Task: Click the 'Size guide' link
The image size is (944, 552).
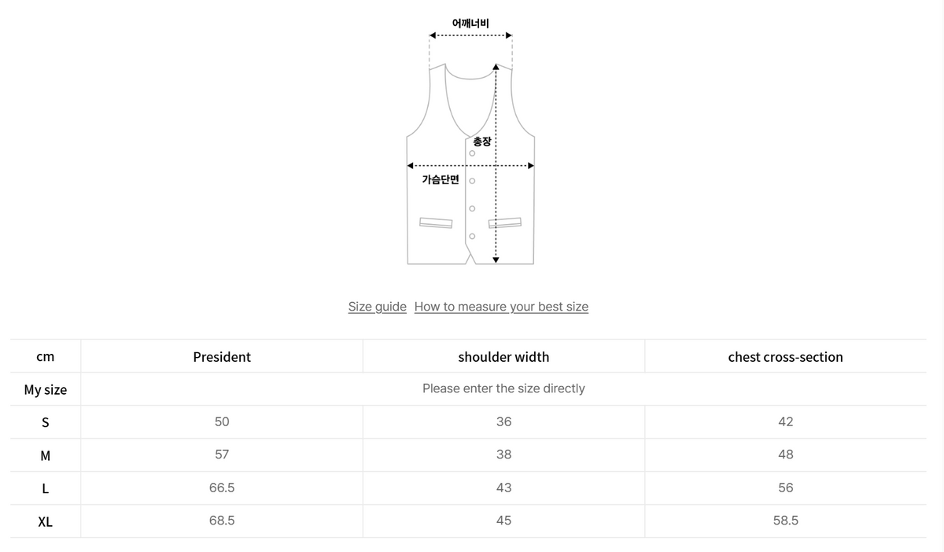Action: coord(377,307)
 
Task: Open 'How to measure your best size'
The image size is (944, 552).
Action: coord(501,307)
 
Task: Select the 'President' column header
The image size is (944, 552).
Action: coord(222,357)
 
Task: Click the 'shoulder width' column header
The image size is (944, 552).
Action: coord(503,357)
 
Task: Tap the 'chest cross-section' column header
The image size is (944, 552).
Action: coord(785,357)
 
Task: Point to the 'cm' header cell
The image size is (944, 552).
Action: coord(45,357)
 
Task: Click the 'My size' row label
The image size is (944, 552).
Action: coord(45,390)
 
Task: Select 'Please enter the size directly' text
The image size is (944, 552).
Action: coord(503,388)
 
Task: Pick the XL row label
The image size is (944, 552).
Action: coord(45,522)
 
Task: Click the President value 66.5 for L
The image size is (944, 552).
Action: coord(222,488)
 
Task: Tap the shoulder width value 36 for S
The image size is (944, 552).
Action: coord(503,421)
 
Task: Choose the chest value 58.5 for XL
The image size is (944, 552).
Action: coord(785,521)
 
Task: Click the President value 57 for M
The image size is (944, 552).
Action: coord(222,454)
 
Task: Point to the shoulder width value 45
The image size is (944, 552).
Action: coord(503,521)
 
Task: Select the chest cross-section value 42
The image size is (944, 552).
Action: coord(785,421)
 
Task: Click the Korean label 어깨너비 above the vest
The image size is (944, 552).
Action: coord(470,23)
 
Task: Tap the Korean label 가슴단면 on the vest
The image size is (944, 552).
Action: coord(440,180)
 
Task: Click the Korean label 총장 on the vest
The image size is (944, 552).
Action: coord(481,142)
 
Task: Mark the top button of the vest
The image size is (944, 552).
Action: coord(472,153)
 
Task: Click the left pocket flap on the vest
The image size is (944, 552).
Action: coord(436,223)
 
